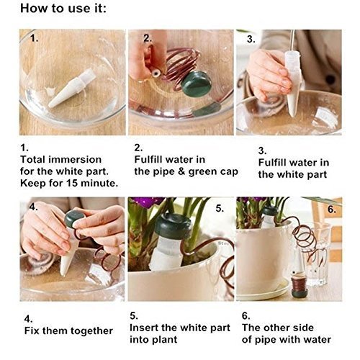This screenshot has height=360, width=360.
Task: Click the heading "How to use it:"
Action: [x=63, y=9]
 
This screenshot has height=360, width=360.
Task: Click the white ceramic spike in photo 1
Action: [x=72, y=88]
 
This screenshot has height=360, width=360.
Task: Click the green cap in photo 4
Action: [x=74, y=218]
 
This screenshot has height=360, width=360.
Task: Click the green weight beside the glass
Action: [x=299, y=285]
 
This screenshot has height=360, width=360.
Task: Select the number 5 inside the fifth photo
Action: [x=220, y=208]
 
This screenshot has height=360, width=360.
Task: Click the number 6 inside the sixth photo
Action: [x=332, y=210]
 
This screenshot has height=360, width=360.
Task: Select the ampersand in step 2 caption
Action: [x=181, y=171]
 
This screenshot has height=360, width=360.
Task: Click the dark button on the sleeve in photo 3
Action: [x=330, y=79]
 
